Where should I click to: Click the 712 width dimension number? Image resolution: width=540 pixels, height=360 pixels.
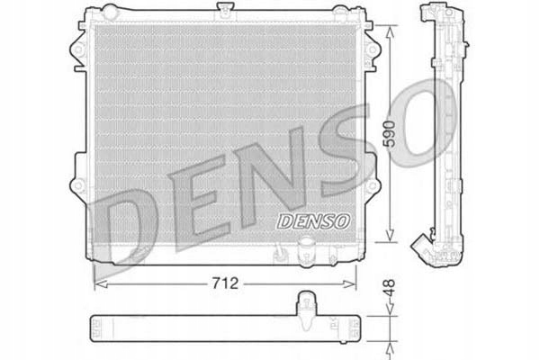(x=226, y=283)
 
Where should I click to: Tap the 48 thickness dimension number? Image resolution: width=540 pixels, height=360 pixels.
(x=389, y=292)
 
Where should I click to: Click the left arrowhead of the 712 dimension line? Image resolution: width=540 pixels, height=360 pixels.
(x=97, y=283)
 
